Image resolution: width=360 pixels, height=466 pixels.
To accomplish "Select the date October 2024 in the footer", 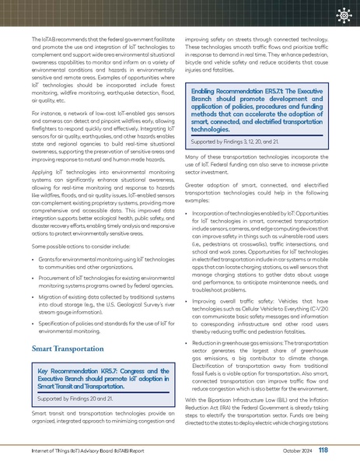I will click(x=295, y=450).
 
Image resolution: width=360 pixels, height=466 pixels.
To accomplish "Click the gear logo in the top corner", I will click(x=340, y=15).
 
